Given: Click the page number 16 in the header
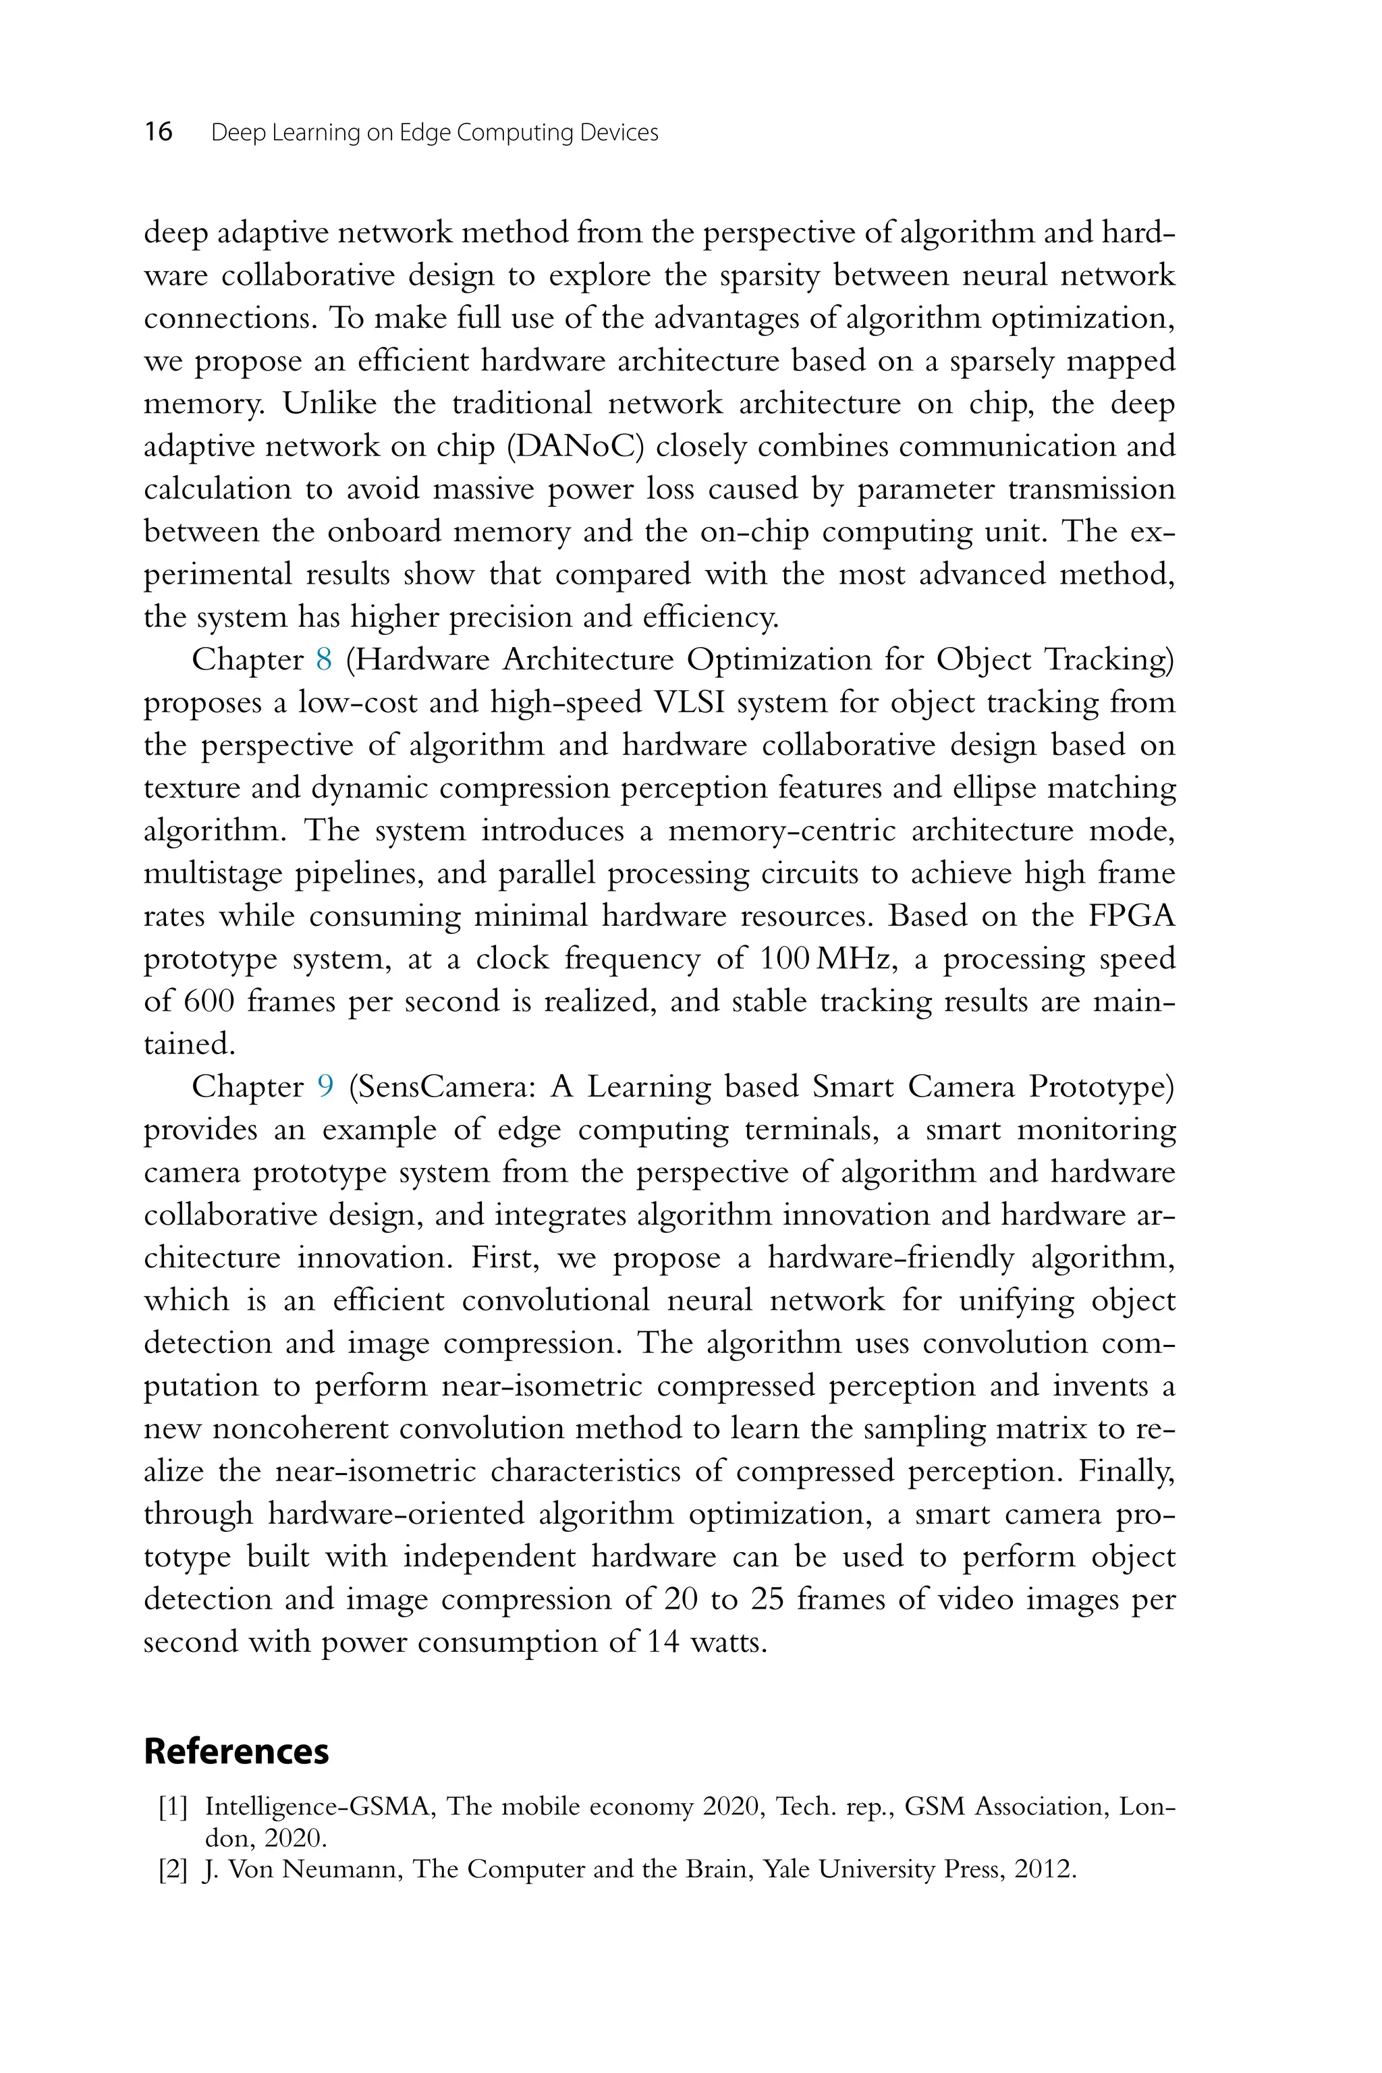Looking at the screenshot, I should click(159, 132).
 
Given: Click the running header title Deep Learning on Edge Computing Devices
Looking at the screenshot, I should click(435, 133).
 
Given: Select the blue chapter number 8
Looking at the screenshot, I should click(323, 659).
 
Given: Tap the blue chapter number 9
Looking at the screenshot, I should click(325, 1086).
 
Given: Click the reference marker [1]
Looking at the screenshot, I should click(173, 1808).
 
